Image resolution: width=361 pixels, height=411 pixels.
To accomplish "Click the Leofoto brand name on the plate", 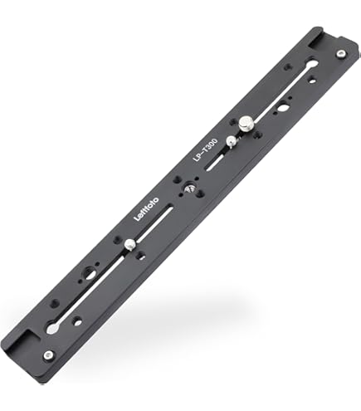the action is pos(146,209).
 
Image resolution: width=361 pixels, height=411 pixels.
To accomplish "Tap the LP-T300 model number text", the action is pos(205,149).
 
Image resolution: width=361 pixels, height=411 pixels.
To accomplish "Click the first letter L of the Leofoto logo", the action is pos(137,218).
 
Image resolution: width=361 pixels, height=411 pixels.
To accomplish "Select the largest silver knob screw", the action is pos(246,124).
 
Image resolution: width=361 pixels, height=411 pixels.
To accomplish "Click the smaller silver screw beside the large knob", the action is pos(231,141).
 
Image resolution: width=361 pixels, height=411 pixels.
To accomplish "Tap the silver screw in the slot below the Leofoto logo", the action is pos(129,244).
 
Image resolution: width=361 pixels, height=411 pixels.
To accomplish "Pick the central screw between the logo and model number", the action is pos(189,189).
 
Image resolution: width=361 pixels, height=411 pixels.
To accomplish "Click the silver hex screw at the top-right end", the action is pos(341,54).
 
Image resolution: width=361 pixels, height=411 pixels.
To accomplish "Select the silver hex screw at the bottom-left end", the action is pos(49,355).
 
